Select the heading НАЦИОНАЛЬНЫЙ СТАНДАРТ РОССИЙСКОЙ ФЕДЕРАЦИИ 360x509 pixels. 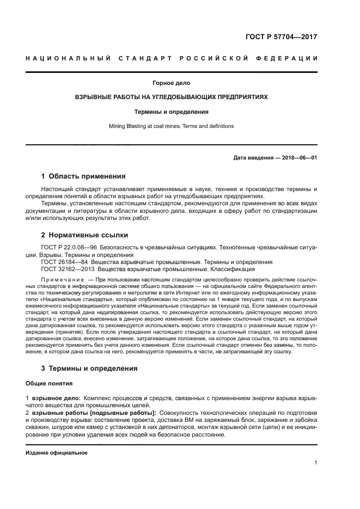coord(172,58)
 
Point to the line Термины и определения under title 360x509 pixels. coord(172,112)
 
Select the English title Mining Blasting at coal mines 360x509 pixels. coord(172,126)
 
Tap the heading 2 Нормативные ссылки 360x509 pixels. coord(85,235)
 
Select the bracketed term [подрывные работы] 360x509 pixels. coord(121,413)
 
